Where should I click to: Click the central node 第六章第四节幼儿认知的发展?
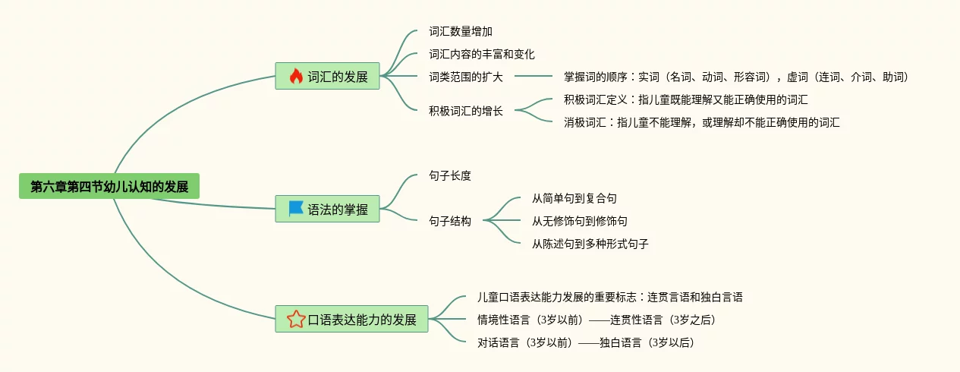point(109,187)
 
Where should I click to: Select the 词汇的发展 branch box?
point(327,77)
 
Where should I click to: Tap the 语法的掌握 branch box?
point(327,210)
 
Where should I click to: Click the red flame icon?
point(296,77)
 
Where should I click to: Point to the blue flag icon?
point(296,209)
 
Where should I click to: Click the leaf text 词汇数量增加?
point(461,32)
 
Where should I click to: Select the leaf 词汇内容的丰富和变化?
point(482,54)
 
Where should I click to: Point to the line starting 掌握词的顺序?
point(735,77)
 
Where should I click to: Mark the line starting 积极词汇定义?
point(685,99)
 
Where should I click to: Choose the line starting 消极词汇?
point(701,122)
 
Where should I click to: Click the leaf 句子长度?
point(450,175)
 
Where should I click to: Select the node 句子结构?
point(450,221)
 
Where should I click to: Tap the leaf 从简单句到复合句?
point(574,198)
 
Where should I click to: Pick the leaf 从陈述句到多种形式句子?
point(590,244)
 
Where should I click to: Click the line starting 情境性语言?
point(596,320)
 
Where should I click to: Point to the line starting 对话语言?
point(585,342)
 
